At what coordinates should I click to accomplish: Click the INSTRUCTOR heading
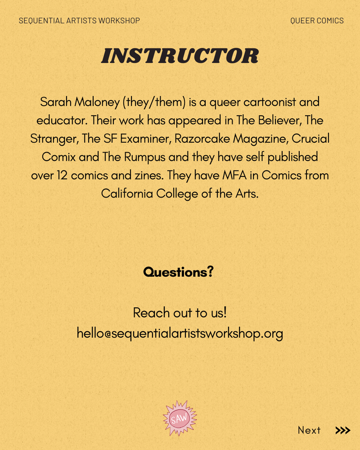pyautogui.click(x=180, y=56)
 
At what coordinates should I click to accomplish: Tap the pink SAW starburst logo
pyautogui.click(x=180, y=418)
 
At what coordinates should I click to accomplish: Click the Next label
pyautogui.click(x=309, y=430)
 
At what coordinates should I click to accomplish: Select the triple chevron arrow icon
pyautogui.click(x=343, y=430)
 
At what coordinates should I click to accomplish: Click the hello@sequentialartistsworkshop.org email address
pyautogui.click(x=180, y=333)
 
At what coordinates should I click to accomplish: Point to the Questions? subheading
pyautogui.click(x=178, y=272)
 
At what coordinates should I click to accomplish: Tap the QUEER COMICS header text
pyautogui.click(x=317, y=21)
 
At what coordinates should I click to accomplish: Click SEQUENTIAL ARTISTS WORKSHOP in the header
pyautogui.click(x=79, y=21)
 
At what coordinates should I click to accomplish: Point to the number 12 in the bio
pyautogui.click(x=62, y=175)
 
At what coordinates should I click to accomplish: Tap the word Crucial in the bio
pyautogui.click(x=310, y=139)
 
